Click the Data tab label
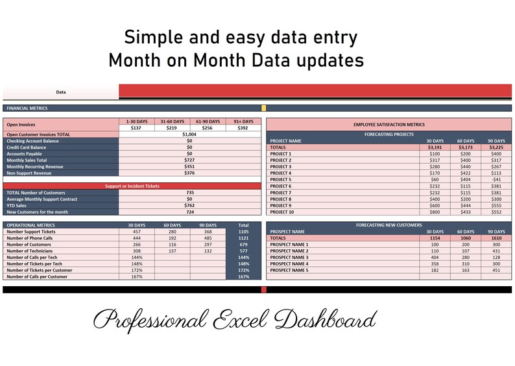pyautogui.click(x=61, y=92)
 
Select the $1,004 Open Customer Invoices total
pyautogui.click(x=189, y=134)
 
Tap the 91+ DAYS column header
pyautogui.click(x=243, y=121)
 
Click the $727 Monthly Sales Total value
pyautogui.click(x=189, y=160)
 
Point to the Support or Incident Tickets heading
pyautogui.click(x=132, y=186)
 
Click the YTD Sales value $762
pyautogui.click(x=189, y=206)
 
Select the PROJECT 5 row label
pyautogui.click(x=281, y=180)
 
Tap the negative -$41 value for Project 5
pyautogui.click(x=496, y=180)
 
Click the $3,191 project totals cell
pyautogui.click(x=434, y=147)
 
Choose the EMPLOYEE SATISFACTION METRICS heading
pyautogui.click(x=389, y=124)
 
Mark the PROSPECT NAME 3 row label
pyautogui.click(x=289, y=258)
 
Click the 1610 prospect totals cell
pyautogui.click(x=496, y=238)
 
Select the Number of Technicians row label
pyautogui.click(x=31, y=250)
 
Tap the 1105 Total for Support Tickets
pyautogui.click(x=243, y=232)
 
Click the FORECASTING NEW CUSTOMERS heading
pyautogui.click(x=389, y=225)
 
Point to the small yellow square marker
pyautogui.click(x=263, y=108)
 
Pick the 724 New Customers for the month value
pyautogui.click(x=189, y=212)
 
